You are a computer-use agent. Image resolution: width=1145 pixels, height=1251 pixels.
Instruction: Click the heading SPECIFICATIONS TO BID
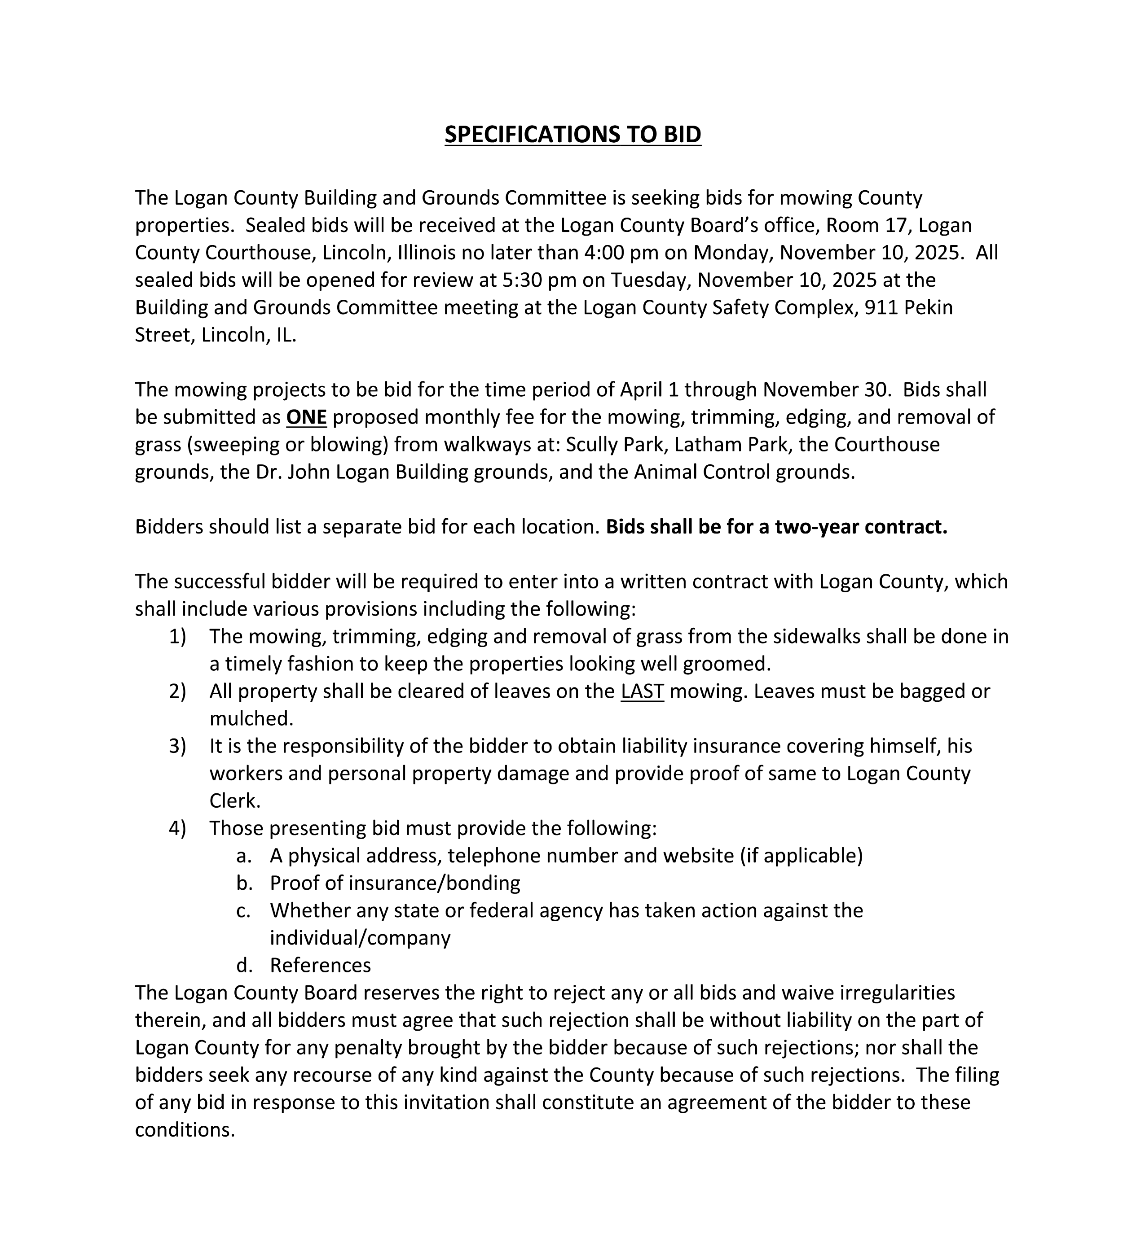tap(572, 135)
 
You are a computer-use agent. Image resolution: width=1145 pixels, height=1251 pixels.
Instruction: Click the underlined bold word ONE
tap(306, 417)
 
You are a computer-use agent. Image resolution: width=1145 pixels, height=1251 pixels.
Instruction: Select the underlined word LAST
tap(642, 691)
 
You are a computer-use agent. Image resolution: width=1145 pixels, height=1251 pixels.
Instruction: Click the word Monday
tap(733, 253)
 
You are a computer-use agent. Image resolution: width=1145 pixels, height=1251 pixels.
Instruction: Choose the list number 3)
tap(177, 746)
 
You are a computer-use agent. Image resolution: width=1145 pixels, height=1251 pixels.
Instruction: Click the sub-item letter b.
tap(243, 883)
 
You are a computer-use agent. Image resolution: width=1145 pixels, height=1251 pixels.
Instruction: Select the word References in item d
tap(321, 965)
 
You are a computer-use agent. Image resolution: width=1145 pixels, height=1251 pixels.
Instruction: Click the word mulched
tap(251, 718)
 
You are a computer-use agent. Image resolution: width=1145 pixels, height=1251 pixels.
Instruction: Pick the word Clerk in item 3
tap(234, 800)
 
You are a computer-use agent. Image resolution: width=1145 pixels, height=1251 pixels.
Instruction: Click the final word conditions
tap(185, 1129)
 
